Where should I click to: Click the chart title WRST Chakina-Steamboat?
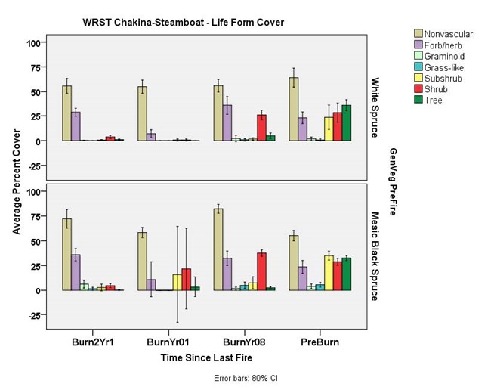click(184, 22)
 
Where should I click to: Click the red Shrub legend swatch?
click(419, 90)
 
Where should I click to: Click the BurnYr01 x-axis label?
click(164, 341)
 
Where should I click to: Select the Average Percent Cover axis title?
click(17, 181)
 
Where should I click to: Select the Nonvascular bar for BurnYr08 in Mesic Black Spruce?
click(218, 249)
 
